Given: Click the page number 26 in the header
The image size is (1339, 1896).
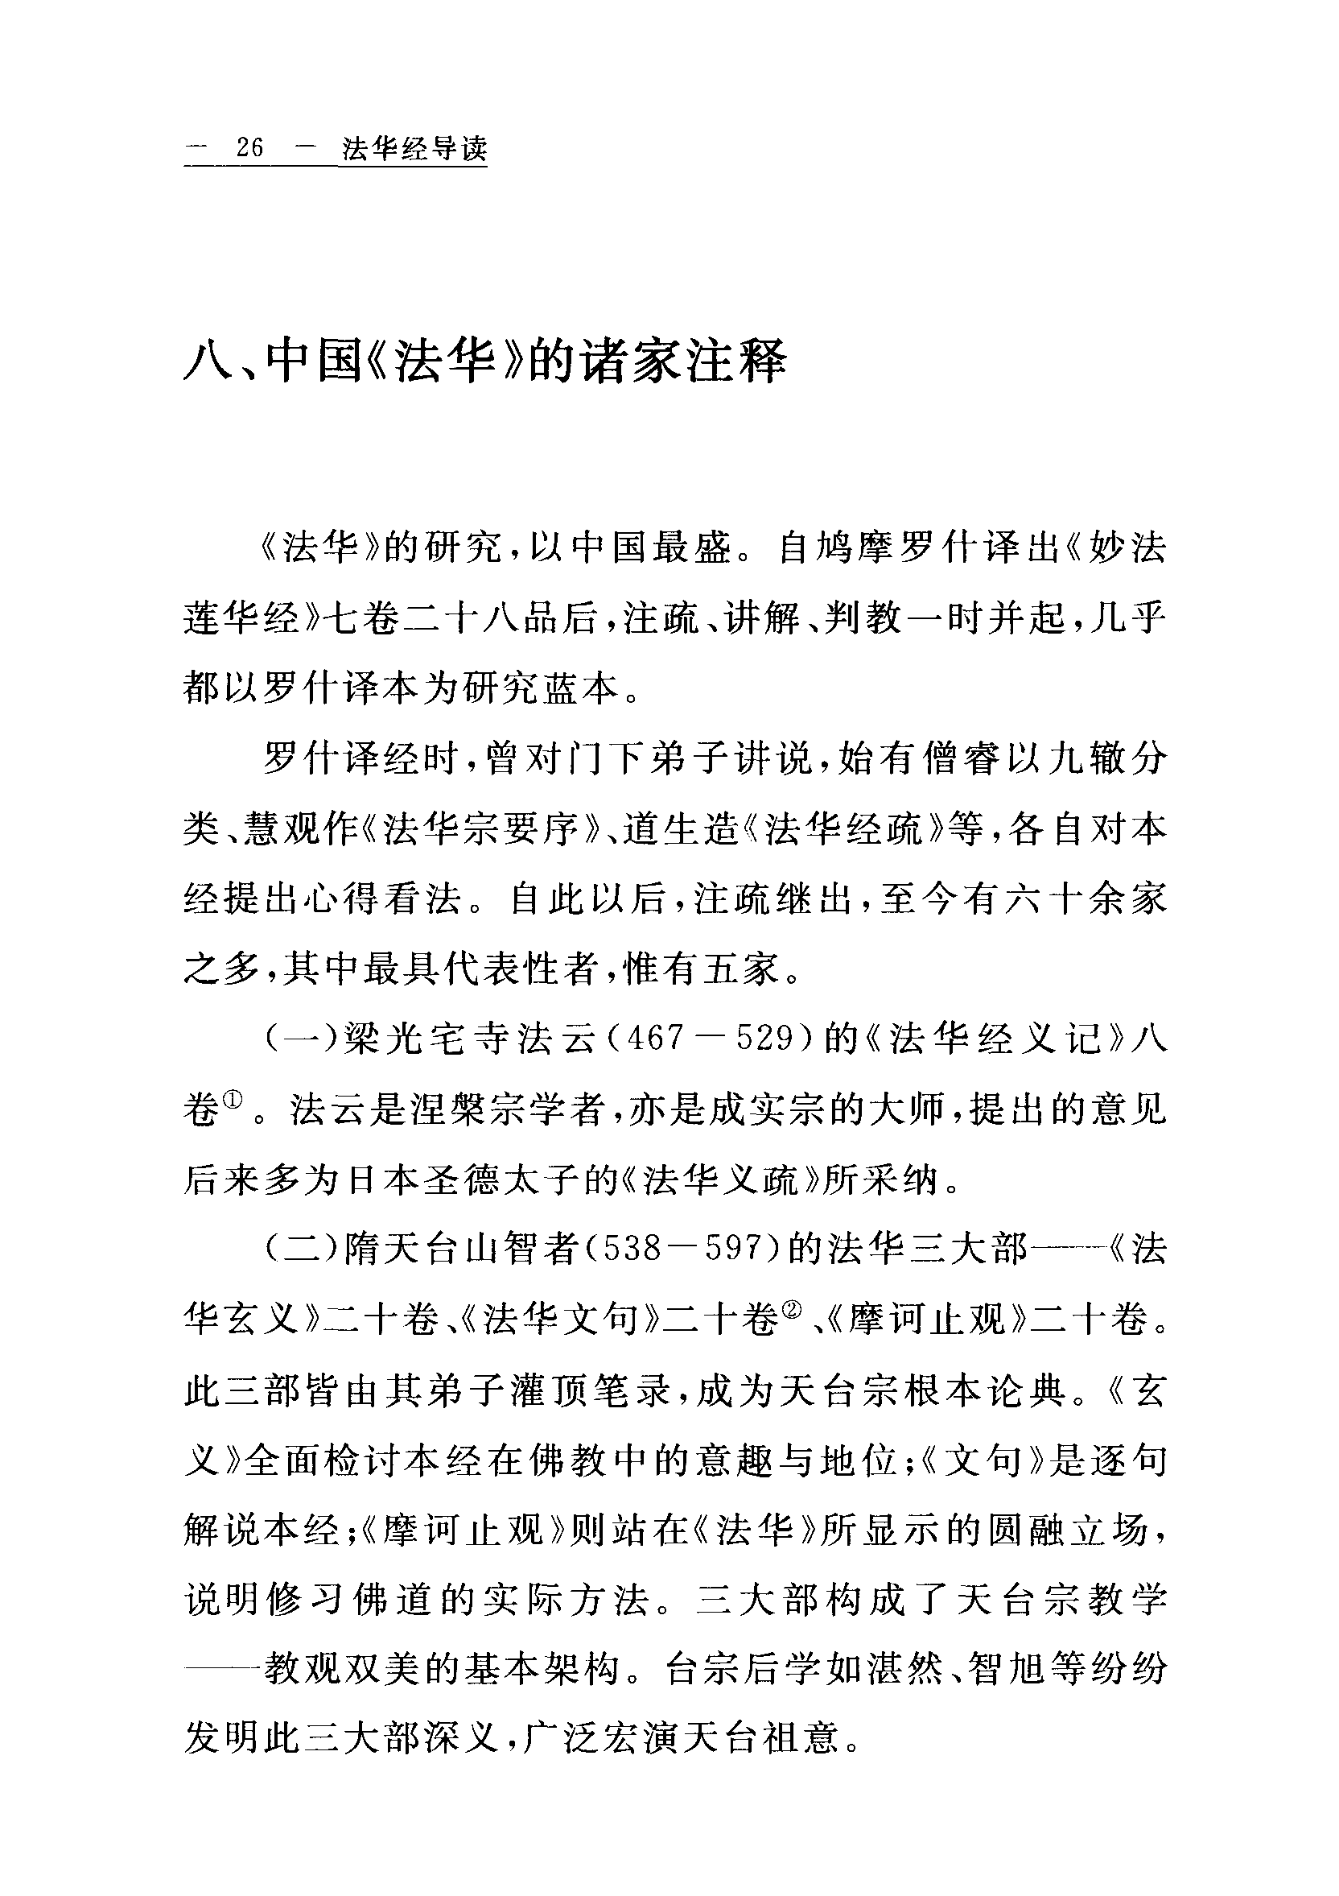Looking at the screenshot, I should [249, 149].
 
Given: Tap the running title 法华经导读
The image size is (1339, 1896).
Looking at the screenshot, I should [414, 149].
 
